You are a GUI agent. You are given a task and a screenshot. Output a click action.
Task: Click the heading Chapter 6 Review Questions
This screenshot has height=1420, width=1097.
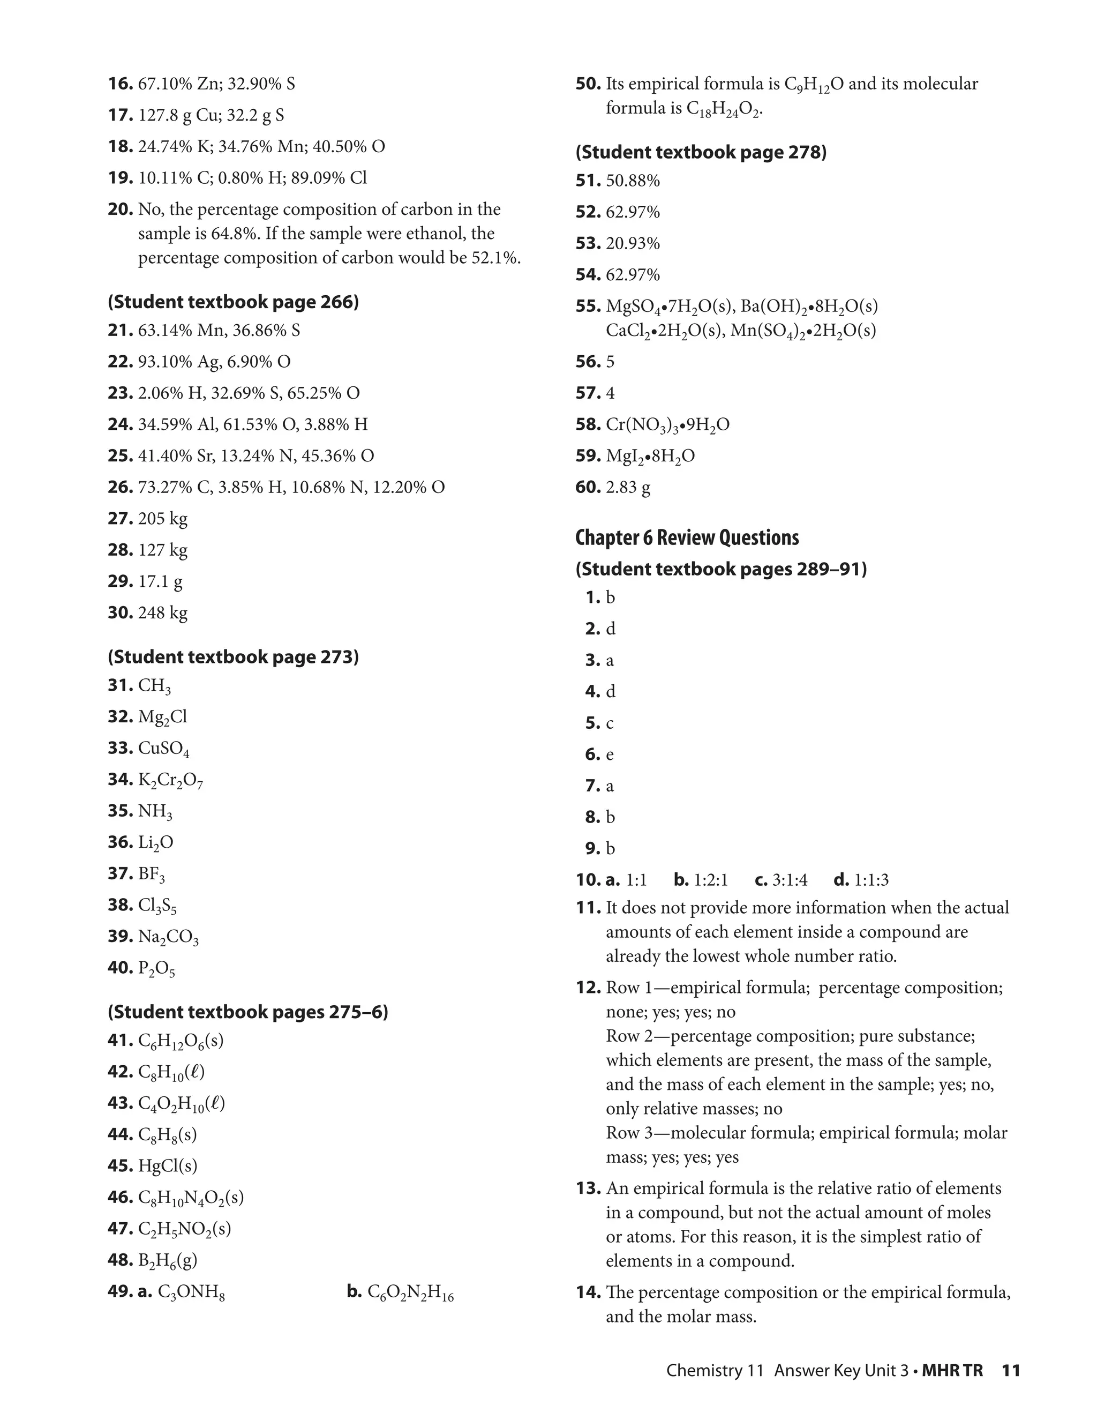pos(687,537)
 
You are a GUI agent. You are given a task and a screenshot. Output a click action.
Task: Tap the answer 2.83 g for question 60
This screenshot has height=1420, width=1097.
pos(628,487)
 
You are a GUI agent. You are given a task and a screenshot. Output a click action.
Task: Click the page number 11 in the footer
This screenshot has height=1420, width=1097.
pos(1011,1371)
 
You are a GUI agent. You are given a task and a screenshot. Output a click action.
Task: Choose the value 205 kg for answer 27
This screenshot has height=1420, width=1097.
pos(162,519)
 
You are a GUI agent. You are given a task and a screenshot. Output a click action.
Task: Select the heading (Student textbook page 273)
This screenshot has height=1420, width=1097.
pos(234,657)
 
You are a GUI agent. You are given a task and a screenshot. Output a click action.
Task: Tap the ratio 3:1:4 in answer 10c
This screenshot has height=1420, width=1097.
pos(790,880)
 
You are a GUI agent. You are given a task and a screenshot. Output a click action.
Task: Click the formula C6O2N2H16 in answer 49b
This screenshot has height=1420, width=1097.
pos(410,1292)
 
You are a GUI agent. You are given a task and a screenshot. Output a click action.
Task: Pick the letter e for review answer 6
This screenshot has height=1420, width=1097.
pos(610,755)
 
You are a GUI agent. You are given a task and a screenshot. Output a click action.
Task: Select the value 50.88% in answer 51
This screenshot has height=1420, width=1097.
pos(633,181)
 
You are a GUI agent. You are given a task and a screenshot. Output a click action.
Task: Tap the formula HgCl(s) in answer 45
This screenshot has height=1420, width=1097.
pos(168,1166)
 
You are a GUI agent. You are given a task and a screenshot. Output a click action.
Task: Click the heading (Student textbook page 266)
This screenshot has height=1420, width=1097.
pos(234,302)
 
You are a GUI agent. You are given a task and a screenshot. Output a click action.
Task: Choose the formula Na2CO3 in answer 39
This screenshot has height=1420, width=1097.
pos(168,937)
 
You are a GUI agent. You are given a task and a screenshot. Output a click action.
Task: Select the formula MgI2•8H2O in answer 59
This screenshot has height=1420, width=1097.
pos(650,457)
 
